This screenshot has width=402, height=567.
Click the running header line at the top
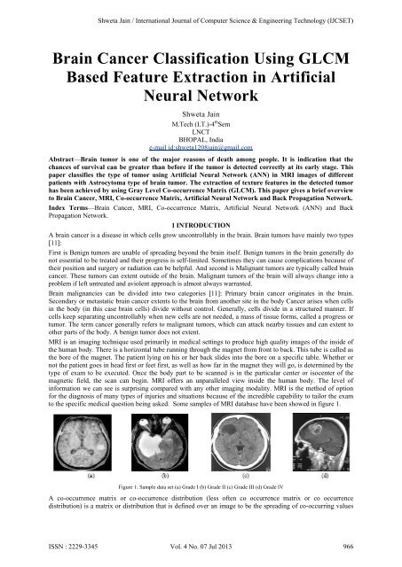[x=201, y=11]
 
